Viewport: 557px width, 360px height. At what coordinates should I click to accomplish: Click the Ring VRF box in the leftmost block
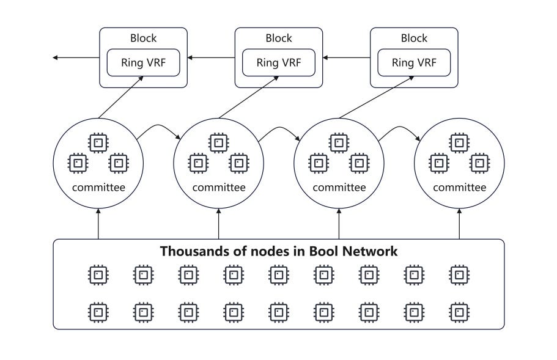click(143, 62)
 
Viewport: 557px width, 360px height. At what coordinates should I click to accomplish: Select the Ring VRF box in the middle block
click(279, 62)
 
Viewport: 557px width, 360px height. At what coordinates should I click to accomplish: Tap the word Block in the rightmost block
click(414, 38)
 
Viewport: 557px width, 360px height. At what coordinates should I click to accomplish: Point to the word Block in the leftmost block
click(143, 38)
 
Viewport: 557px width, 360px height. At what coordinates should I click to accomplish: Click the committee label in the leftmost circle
click(98, 187)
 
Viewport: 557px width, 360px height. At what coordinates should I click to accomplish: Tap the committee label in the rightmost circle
click(459, 187)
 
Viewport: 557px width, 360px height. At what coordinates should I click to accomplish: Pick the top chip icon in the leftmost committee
click(98, 143)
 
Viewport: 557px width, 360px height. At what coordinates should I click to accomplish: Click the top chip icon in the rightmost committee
click(459, 143)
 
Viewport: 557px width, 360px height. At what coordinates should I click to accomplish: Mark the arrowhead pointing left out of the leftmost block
click(55, 57)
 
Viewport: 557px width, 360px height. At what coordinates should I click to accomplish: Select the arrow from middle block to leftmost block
click(212, 57)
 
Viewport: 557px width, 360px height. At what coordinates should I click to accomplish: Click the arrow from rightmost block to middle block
click(347, 57)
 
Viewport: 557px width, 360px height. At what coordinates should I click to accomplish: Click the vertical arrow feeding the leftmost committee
click(98, 224)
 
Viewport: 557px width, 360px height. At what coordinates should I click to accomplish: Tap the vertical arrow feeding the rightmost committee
click(459, 224)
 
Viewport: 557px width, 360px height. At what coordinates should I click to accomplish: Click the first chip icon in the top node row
click(98, 275)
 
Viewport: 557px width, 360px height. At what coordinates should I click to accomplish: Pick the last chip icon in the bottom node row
click(459, 312)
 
